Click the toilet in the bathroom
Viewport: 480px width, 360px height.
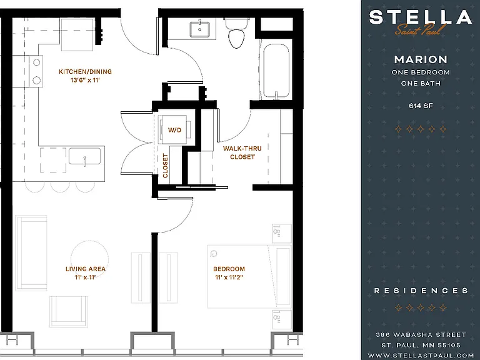pos(236,33)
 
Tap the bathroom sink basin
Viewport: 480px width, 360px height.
pos(200,29)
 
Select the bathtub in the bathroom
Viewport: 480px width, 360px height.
pos(276,72)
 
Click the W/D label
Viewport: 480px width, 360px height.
pos(174,130)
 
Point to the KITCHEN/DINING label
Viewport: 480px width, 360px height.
pos(85,72)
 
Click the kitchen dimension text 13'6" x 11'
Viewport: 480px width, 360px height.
pos(85,81)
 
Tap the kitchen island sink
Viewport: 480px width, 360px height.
pos(85,156)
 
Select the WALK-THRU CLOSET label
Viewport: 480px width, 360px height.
pos(242,152)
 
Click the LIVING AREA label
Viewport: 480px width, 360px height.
pos(86,269)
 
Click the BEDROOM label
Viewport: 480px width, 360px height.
pos(229,269)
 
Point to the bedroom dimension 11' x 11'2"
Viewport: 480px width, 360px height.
pos(229,277)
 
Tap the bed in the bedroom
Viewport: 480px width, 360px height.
pos(249,276)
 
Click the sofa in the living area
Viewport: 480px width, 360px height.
pos(31,253)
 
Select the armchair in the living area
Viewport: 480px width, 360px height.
pos(69,311)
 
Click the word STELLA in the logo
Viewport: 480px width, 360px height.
pos(420,17)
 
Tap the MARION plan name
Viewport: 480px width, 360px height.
pos(421,59)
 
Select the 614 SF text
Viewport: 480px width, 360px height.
pos(421,106)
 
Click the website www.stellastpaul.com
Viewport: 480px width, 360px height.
pos(421,356)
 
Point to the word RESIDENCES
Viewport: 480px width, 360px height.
pos(421,291)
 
